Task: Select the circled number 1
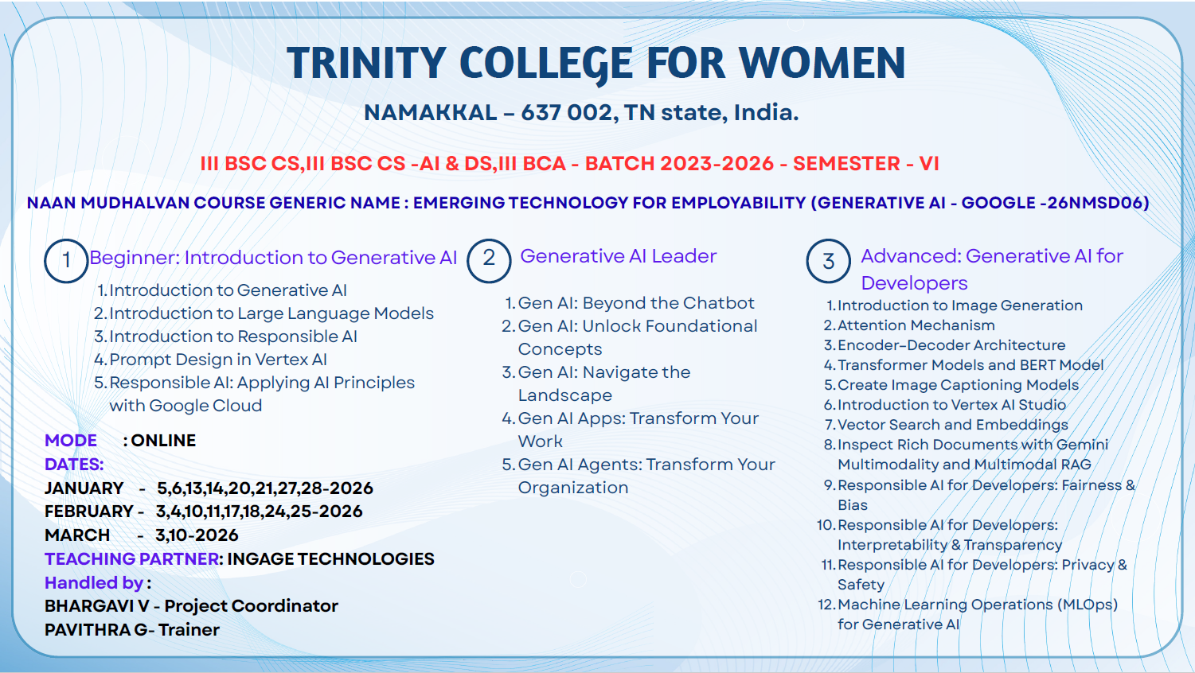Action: click(x=66, y=261)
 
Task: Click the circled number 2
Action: click(x=489, y=260)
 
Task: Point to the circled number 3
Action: click(x=828, y=261)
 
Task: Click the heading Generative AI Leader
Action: click(x=619, y=256)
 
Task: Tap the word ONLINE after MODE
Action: click(x=163, y=441)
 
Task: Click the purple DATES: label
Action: click(x=74, y=465)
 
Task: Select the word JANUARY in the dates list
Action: click(x=84, y=488)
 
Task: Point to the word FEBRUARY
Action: click(x=88, y=512)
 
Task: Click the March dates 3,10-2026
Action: click(x=197, y=535)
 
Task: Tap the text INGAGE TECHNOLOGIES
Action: click(x=330, y=559)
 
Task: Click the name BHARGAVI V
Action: click(x=96, y=606)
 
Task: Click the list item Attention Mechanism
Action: click(x=916, y=325)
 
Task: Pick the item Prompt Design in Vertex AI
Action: click(x=217, y=360)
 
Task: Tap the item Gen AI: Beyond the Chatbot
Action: click(x=636, y=303)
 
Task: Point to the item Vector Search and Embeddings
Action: click(x=953, y=425)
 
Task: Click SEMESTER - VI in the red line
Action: click(x=866, y=164)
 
